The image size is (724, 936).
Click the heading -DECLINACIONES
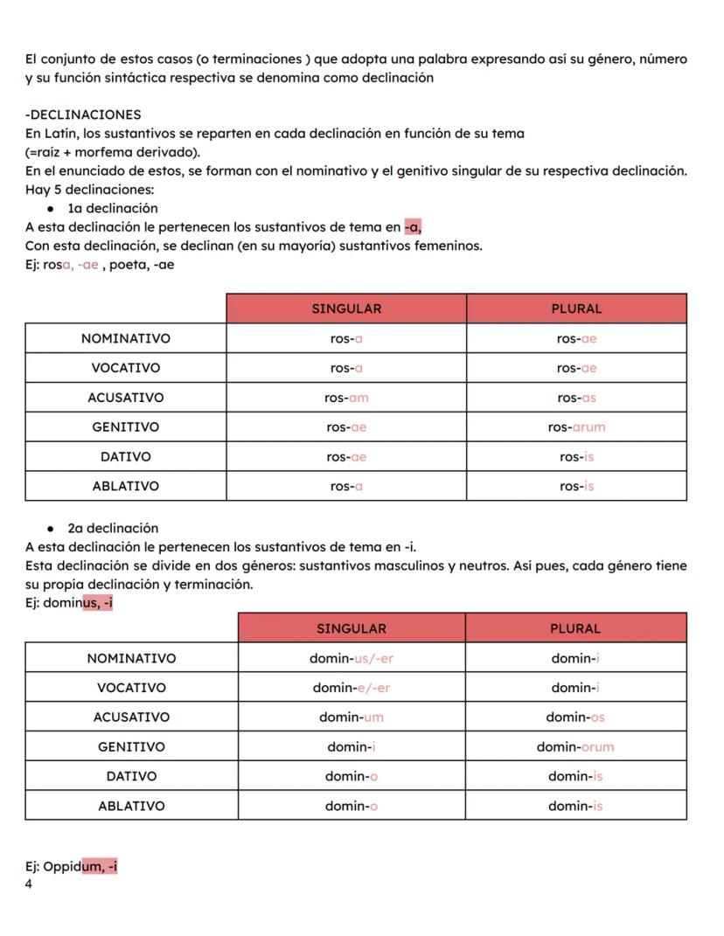click(83, 114)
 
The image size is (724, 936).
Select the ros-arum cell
click(576, 427)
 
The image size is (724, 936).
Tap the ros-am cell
click(346, 398)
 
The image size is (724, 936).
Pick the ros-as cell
click(576, 398)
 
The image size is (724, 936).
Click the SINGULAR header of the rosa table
click(346, 309)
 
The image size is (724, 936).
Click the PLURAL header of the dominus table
click(575, 628)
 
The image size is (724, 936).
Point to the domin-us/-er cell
click(352, 658)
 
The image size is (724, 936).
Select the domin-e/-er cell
click(352, 688)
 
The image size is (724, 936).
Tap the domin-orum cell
click(575, 747)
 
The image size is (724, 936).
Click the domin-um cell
click(352, 718)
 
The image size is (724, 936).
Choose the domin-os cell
click(575, 718)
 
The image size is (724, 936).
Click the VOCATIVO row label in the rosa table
click(126, 368)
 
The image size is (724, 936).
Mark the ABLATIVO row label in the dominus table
click(131, 806)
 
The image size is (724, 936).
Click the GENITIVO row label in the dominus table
click(131, 747)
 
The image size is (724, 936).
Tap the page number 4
click(29, 884)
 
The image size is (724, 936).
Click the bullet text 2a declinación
click(113, 528)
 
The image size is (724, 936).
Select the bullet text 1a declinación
click(113, 208)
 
